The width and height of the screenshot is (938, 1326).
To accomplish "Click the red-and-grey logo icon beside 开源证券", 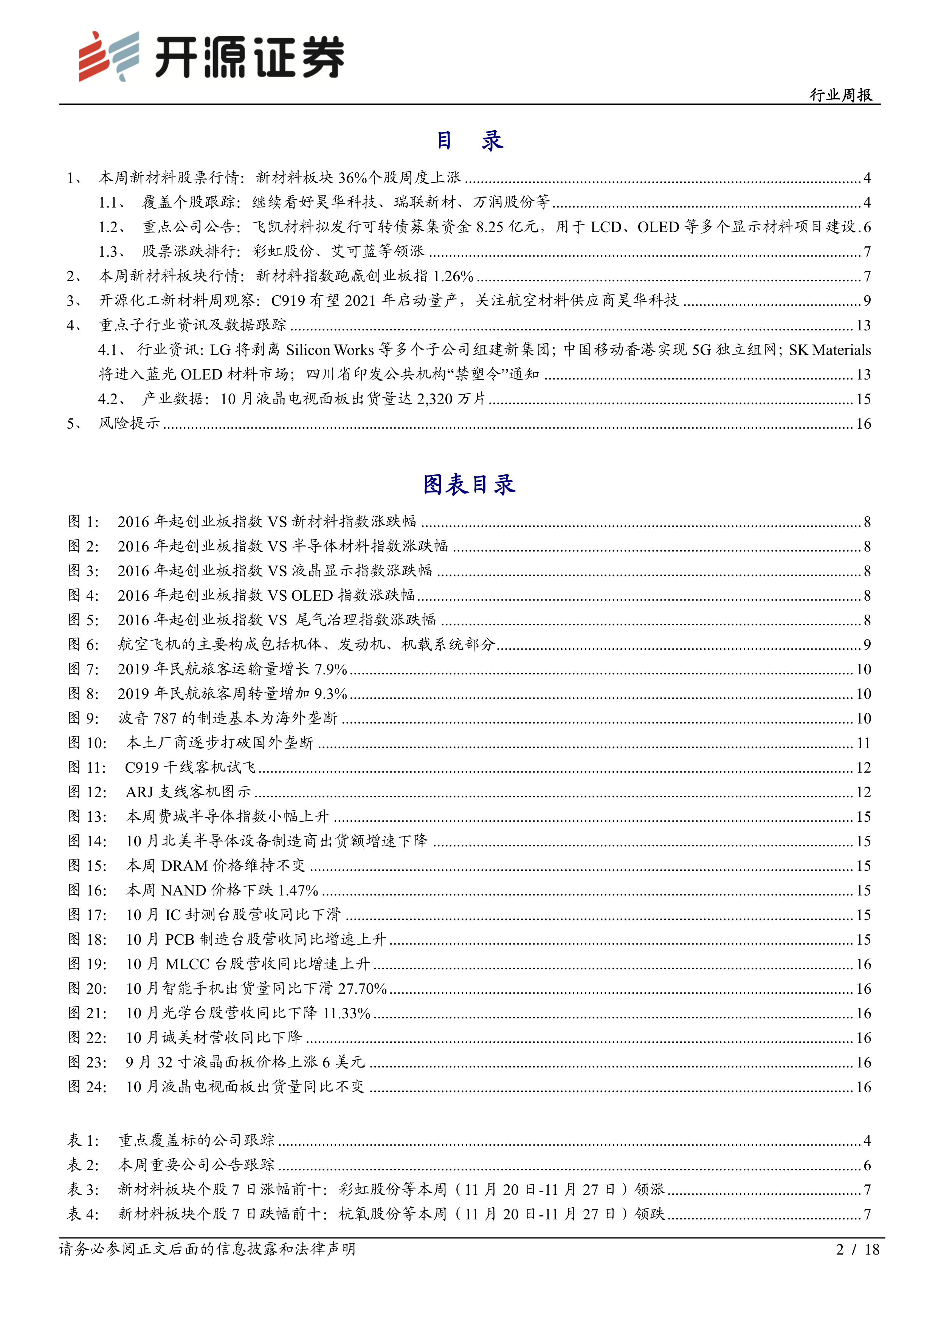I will (x=109, y=56).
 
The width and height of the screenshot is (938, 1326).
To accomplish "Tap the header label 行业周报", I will (x=840, y=95).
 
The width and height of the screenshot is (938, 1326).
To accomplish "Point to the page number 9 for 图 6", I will (x=867, y=644).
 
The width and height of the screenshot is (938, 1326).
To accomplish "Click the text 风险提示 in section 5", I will (x=129, y=423).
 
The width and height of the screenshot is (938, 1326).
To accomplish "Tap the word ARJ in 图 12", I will (x=139, y=792).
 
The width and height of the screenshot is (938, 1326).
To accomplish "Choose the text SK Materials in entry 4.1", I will (x=829, y=350).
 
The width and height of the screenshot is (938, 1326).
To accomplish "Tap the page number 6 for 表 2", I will (x=867, y=1165).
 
